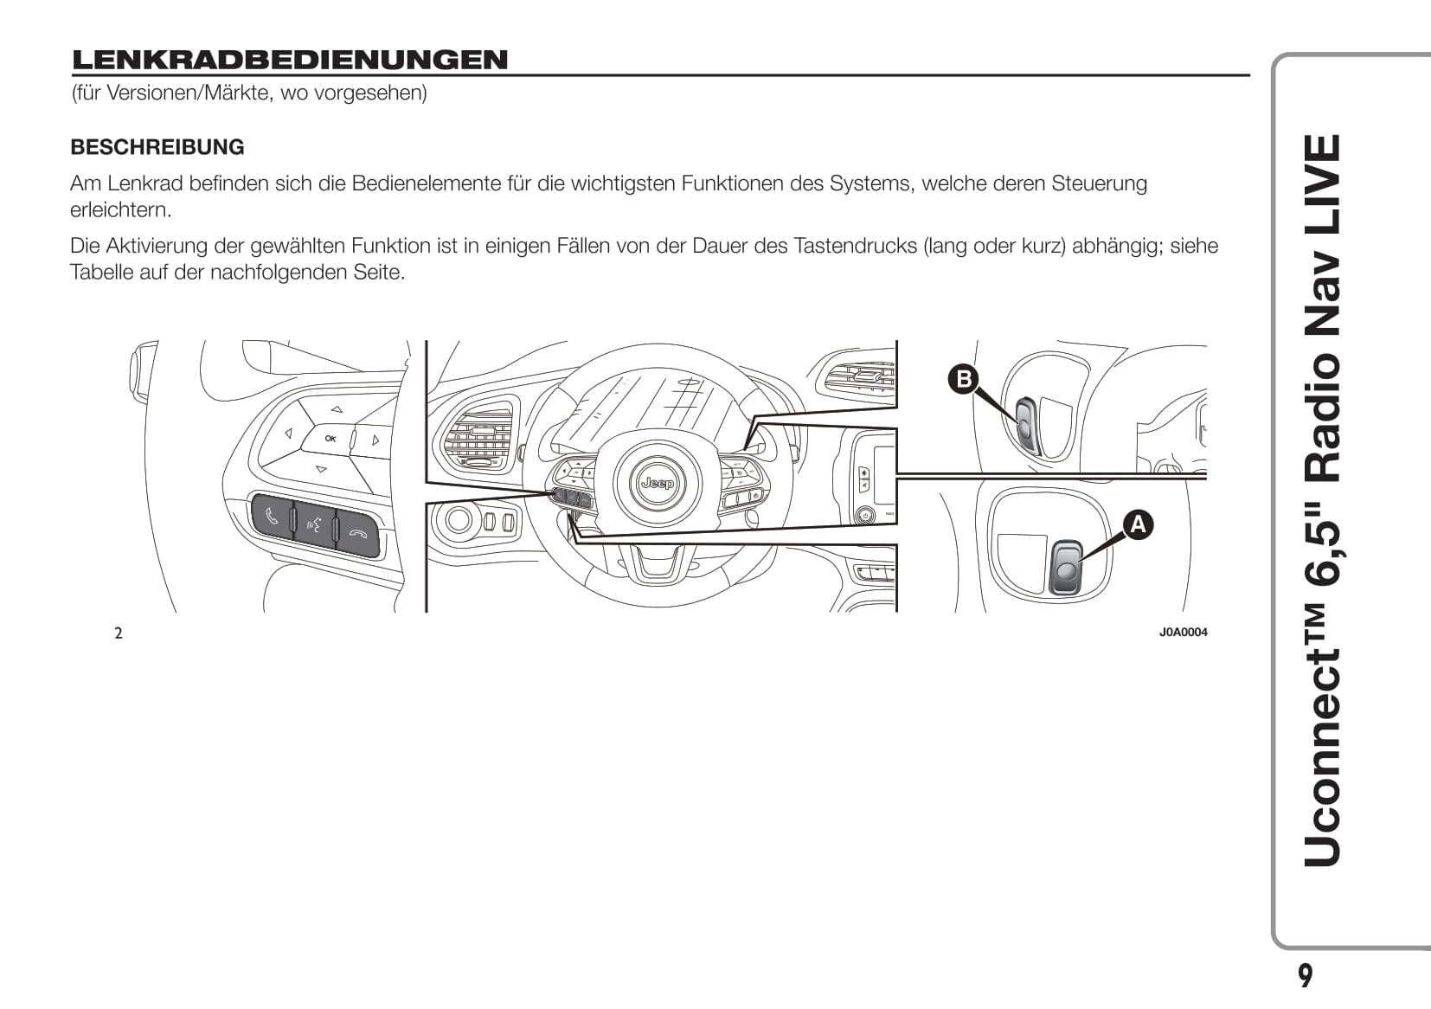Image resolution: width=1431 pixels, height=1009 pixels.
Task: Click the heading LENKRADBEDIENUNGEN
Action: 290,60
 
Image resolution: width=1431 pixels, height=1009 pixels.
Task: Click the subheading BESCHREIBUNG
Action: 157,147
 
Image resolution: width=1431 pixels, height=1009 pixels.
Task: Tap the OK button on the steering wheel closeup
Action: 330,439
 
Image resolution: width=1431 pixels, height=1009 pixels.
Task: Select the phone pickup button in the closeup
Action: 273,516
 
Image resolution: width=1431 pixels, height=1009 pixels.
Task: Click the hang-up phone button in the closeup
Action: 358,534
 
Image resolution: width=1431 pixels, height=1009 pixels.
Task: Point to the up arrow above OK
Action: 337,409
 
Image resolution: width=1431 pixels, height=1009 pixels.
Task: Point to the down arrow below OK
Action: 321,470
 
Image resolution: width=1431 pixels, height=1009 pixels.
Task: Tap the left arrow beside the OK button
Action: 289,434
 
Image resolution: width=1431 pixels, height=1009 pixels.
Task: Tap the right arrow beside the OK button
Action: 375,440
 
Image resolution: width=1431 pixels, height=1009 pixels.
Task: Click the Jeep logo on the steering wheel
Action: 658,483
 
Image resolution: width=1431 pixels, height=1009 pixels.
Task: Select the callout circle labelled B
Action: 963,379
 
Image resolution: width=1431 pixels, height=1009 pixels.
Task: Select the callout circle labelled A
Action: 1139,525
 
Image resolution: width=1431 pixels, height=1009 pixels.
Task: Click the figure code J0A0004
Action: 1184,632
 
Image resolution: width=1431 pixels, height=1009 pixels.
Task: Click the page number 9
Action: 1306,976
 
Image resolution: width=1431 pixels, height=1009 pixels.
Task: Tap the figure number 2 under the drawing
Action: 119,633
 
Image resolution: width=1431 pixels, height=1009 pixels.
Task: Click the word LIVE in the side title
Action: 1322,185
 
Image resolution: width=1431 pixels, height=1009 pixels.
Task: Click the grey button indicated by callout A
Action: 1066,568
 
